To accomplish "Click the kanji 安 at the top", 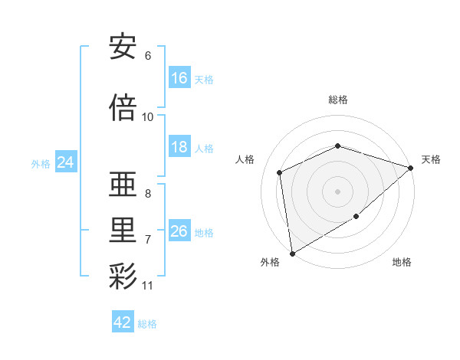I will [x=123, y=47].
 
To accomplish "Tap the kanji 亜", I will [x=123, y=185].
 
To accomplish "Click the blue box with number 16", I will [x=179, y=78].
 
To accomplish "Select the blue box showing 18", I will [x=179, y=147].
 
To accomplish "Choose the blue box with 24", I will [x=66, y=162].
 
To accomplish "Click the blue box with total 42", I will [x=123, y=322].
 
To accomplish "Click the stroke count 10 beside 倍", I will [x=148, y=117].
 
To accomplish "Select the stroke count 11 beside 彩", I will [x=148, y=286].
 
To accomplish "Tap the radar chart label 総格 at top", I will [x=337, y=100].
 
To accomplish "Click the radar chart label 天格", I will [x=431, y=159].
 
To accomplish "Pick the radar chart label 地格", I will [x=402, y=262].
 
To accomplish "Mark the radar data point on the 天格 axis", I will [x=412, y=168].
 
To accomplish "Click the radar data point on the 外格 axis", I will [x=292, y=253].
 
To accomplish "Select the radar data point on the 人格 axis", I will [x=280, y=172].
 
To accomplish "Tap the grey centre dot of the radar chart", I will [x=337, y=191].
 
